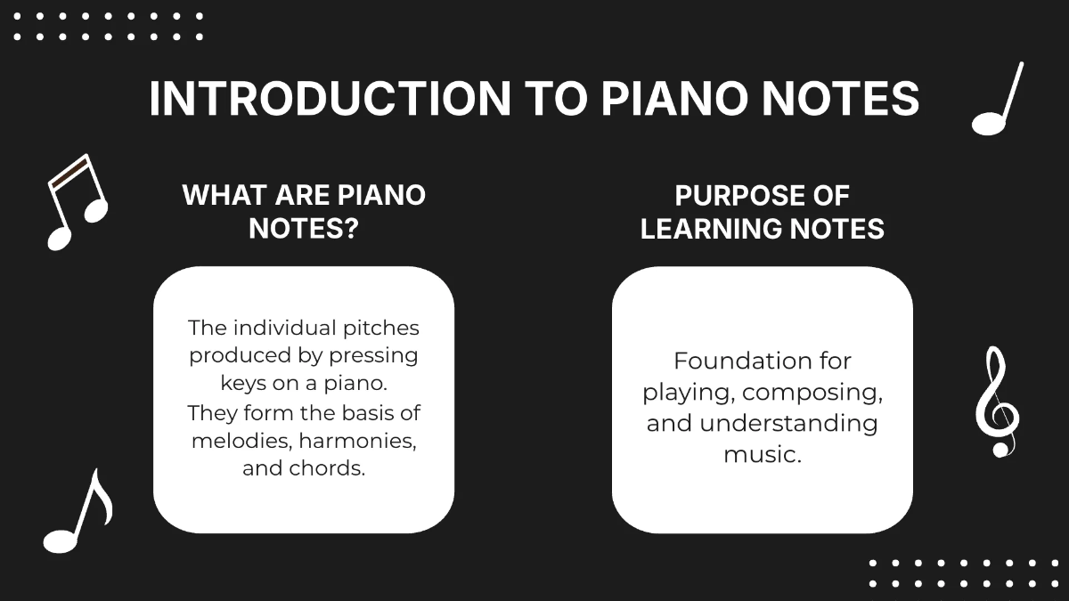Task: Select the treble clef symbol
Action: click(996, 402)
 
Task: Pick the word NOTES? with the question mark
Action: click(304, 229)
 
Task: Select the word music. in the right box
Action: click(763, 453)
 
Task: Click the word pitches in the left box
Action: click(380, 328)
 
